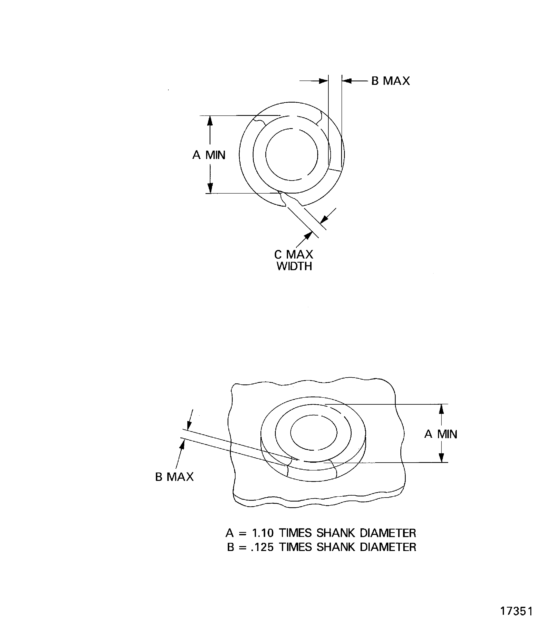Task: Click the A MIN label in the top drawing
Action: point(209,155)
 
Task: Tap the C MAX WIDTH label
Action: point(294,260)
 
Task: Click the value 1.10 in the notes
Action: point(263,533)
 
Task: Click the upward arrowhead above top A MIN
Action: point(210,121)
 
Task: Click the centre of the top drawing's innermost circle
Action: point(292,154)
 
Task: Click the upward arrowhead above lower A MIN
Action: point(441,409)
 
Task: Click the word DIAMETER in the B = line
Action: point(388,547)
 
